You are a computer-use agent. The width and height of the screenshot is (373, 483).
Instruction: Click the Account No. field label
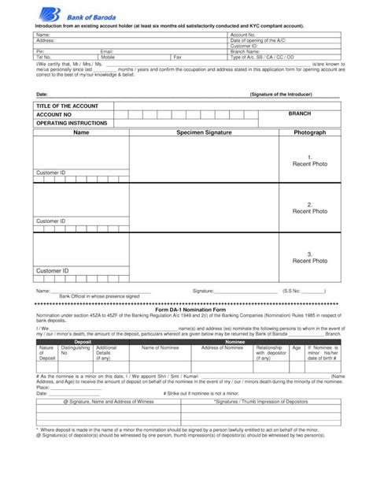point(243,35)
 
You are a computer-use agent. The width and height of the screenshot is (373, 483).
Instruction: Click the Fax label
point(177,58)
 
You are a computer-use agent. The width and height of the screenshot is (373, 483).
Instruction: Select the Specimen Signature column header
point(204,132)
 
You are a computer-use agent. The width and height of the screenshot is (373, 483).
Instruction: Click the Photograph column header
point(310,132)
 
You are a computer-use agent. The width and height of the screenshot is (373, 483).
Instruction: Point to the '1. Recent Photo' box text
point(310,161)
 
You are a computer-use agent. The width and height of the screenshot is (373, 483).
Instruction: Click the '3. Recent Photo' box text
point(310,257)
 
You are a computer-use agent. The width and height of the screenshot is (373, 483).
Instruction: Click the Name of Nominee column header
point(161,347)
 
